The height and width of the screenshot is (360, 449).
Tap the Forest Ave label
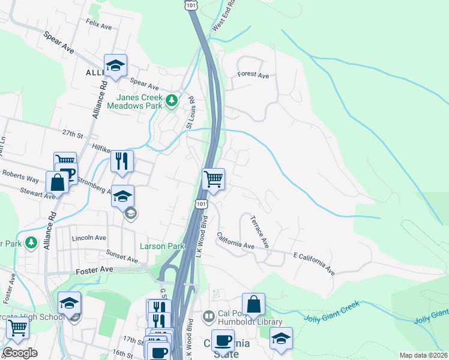point(253,75)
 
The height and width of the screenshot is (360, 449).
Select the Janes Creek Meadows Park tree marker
point(172,100)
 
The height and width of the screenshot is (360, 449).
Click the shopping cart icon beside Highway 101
point(214,179)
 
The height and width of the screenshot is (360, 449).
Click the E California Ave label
point(314,263)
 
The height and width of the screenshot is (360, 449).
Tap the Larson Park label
point(162,246)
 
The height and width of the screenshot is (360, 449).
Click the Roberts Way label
point(20,178)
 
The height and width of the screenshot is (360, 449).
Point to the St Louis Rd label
point(190,112)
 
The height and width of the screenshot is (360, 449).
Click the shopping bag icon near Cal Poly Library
point(254,305)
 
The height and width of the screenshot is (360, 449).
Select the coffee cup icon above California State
point(223,340)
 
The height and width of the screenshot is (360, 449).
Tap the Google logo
point(20,353)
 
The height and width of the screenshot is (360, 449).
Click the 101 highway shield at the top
point(190,5)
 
